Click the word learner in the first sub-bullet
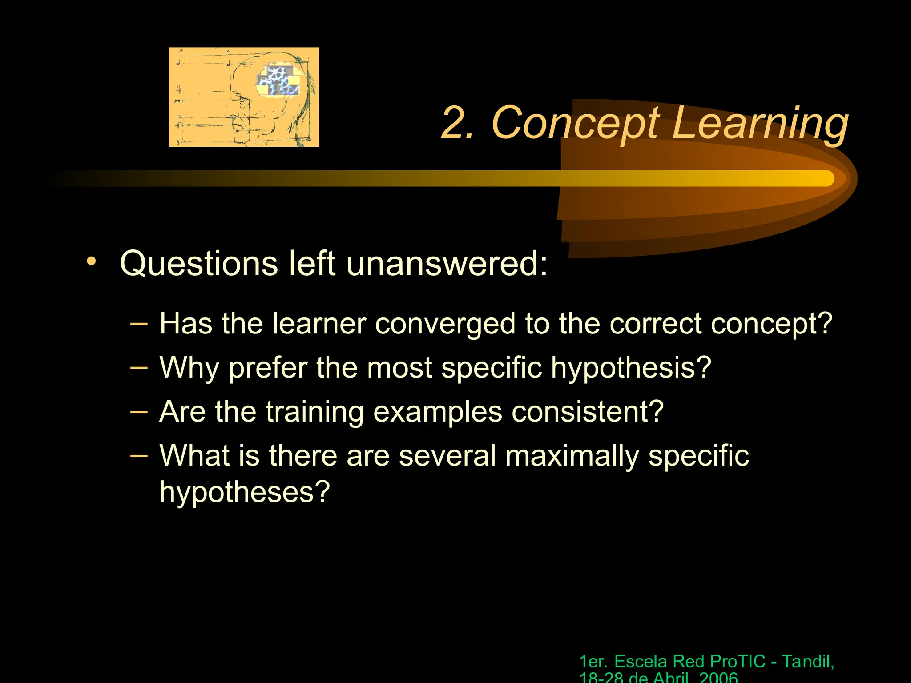tap(319, 323)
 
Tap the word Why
tap(189, 368)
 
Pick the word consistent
tap(587, 412)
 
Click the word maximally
tap(572, 456)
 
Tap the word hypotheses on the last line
tap(244, 492)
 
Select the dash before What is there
tap(139, 455)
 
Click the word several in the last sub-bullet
tap(447, 456)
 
